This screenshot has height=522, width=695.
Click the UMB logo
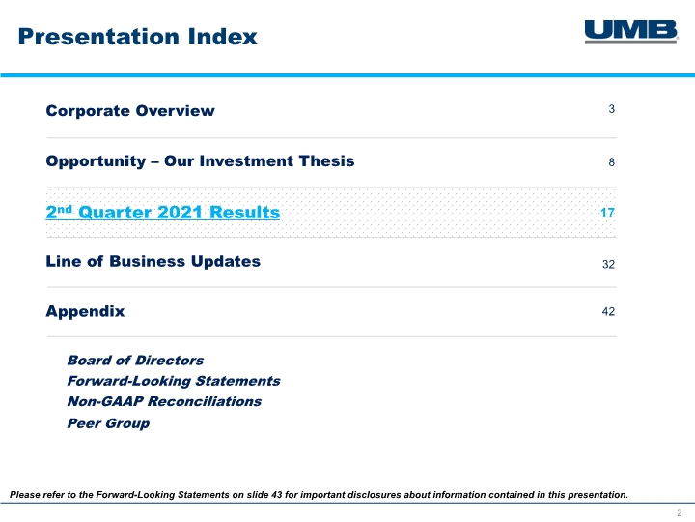tap(631, 32)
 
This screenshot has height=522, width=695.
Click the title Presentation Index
tap(137, 37)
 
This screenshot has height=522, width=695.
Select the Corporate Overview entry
tap(130, 111)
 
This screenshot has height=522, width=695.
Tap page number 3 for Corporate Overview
tap(612, 109)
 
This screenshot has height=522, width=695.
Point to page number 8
tap(612, 162)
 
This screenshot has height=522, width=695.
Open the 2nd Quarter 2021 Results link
tap(163, 212)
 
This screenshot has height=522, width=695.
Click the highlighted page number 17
tap(607, 213)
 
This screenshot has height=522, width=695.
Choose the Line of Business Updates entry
tap(153, 261)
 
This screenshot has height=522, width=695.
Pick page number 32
tap(608, 265)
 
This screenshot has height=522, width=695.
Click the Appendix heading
tap(85, 311)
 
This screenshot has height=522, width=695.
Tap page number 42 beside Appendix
tap(608, 311)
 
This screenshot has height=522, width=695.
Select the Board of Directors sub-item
tap(135, 360)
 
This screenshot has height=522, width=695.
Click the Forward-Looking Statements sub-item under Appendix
tap(174, 381)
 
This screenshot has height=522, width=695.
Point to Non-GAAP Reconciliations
tap(164, 401)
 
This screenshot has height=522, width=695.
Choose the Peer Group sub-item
tap(108, 423)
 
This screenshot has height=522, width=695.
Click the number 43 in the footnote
tap(277, 495)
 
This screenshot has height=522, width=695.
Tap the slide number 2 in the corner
tap(679, 513)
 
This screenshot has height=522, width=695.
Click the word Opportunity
tap(96, 161)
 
